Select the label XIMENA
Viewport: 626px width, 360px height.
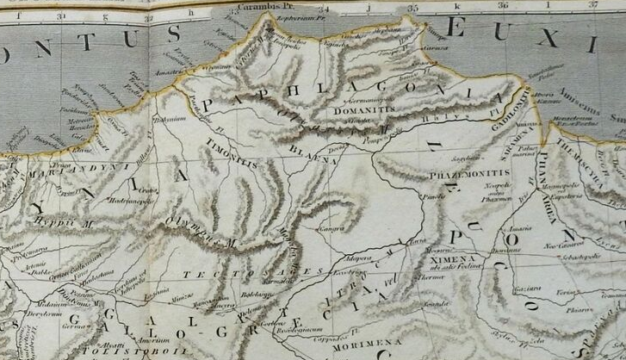(463, 258)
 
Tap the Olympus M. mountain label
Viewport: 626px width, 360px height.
(204, 235)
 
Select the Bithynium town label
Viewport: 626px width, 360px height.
(169, 118)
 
